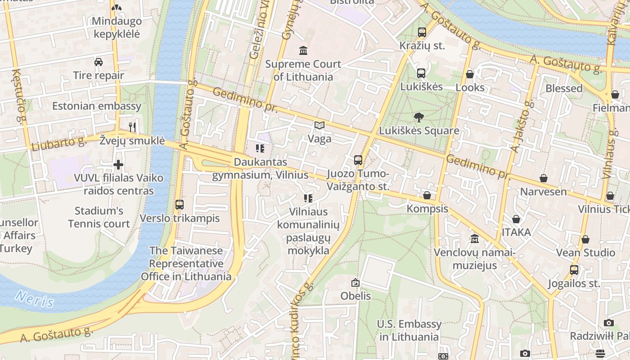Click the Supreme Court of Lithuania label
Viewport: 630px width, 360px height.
[x=303, y=70]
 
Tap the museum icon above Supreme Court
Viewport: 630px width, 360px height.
[x=303, y=50]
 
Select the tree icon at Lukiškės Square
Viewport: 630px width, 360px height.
[x=418, y=118]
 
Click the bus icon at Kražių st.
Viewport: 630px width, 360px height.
[x=422, y=32]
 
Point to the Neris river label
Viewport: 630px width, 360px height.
[x=34, y=298]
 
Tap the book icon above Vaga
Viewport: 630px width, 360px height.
[x=319, y=126]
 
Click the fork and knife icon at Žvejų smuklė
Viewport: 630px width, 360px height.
[x=132, y=127]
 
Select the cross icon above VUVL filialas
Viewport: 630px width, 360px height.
[x=118, y=165]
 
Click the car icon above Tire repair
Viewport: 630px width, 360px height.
[x=99, y=62]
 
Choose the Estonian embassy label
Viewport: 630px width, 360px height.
[x=97, y=106]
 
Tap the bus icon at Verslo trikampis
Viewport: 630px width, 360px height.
[x=180, y=205]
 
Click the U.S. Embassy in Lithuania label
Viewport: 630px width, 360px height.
[x=409, y=330]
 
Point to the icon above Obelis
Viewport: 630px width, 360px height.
[x=355, y=283]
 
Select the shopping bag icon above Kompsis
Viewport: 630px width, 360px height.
[x=427, y=195]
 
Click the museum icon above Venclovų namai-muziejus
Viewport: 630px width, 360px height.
[x=474, y=239]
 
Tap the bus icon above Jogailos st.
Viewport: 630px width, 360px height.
[x=574, y=270]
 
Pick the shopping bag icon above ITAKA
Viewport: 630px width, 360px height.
[x=516, y=219]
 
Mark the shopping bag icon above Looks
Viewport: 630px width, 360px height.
[x=470, y=74]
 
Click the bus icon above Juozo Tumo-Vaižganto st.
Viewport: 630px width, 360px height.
[x=358, y=160]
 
